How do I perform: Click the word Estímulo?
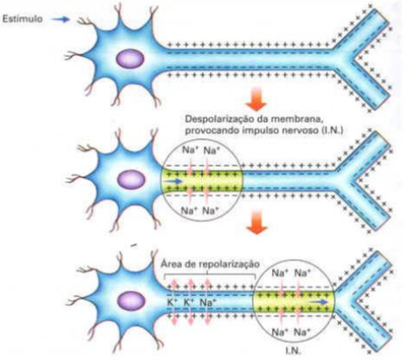22,19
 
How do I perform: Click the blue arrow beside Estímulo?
61,19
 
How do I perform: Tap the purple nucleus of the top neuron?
130,59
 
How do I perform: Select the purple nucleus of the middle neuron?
131,180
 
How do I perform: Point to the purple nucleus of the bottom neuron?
130,301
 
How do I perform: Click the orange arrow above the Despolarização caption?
256,99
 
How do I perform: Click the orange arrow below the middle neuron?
256,222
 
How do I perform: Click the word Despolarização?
215,120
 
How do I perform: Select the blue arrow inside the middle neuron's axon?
174,181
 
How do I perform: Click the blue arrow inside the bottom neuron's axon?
319,302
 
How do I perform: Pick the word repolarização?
231,264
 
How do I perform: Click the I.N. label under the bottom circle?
294,351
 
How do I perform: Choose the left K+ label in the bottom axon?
173,302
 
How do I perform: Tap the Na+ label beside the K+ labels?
208,302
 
